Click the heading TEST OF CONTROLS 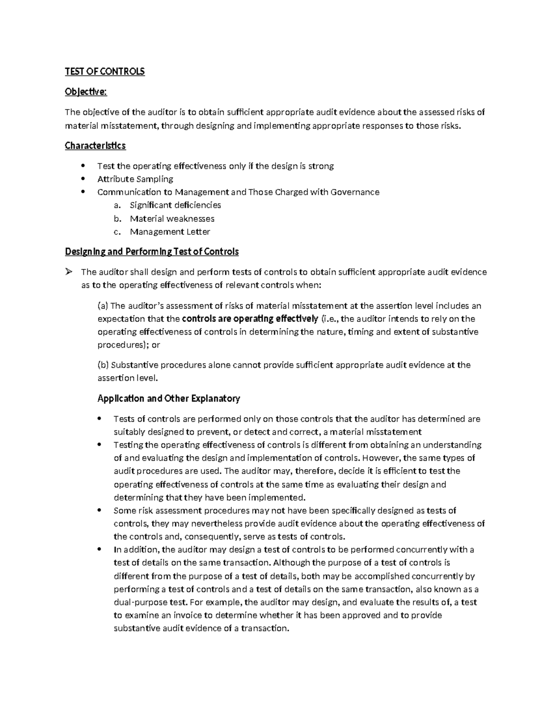[x=105, y=71]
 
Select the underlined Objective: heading [x=86, y=92]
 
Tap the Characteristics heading [x=95, y=145]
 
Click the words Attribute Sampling [x=135, y=179]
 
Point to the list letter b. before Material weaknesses [x=117, y=219]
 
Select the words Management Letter [x=170, y=232]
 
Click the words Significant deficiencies [x=175, y=205]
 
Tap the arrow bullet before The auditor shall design [x=69, y=272]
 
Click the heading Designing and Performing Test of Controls [x=152, y=252]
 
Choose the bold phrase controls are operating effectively [x=250, y=319]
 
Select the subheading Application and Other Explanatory [x=169, y=398]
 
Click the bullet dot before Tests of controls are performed [x=100, y=419]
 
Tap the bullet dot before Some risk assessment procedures [x=100, y=511]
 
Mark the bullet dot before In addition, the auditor [x=100, y=550]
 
